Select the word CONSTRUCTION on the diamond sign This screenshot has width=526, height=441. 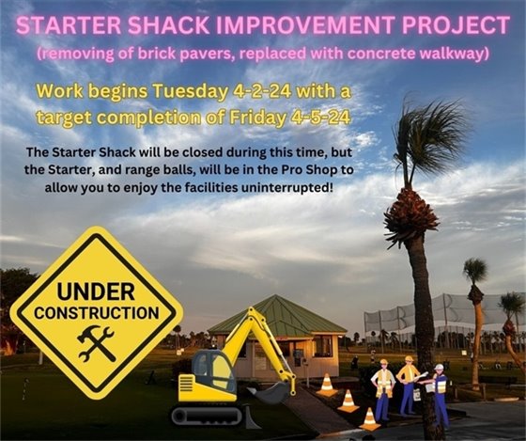tap(96, 311)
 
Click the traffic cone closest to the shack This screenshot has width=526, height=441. tap(326, 383)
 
